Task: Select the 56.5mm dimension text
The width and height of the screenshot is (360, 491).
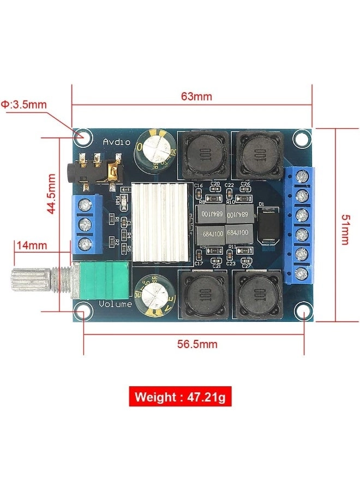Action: [x=197, y=344]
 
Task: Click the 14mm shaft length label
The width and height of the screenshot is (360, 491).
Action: [x=32, y=245]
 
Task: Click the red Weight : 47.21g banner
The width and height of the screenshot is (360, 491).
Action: [x=180, y=397]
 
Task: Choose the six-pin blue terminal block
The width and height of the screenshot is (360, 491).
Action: [x=299, y=224]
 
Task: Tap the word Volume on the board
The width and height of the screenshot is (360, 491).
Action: [x=116, y=304]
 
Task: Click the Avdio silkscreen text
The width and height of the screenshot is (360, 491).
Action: [x=117, y=142]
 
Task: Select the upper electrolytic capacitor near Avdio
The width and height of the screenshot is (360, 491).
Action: [x=157, y=148]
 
